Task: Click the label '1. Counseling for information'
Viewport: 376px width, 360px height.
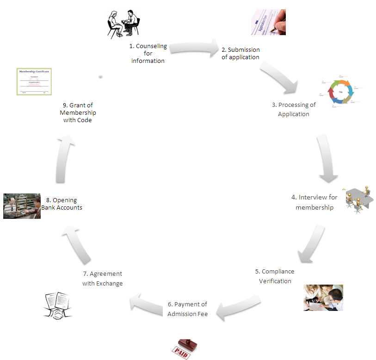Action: click(x=148, y=54)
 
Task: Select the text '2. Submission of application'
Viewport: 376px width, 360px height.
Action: click(x=240, y=54)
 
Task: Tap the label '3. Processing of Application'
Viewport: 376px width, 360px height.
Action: click(x=294, y=110)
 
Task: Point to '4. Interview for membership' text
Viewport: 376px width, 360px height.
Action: click(x=314, y=202)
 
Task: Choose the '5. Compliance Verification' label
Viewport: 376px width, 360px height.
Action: click(x=275, y=276)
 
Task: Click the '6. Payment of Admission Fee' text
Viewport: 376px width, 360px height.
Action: click(x=188, y=309)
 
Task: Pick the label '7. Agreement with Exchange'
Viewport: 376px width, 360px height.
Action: click(x=103, y=279)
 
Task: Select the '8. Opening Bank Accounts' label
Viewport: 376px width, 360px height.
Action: click(x=62, y=204)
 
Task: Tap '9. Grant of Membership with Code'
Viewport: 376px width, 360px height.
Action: click(x=78, y=112)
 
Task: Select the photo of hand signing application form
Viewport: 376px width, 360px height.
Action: click(x=268, y=22)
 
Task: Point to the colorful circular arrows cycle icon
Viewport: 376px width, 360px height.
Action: click(x=341, y=92)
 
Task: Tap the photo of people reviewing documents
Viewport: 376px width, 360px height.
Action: click(x=323, y=298)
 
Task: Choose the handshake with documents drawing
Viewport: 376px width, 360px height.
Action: click(x=58, y=306)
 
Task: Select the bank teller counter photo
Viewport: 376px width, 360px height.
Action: click(x=22, y=206)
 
